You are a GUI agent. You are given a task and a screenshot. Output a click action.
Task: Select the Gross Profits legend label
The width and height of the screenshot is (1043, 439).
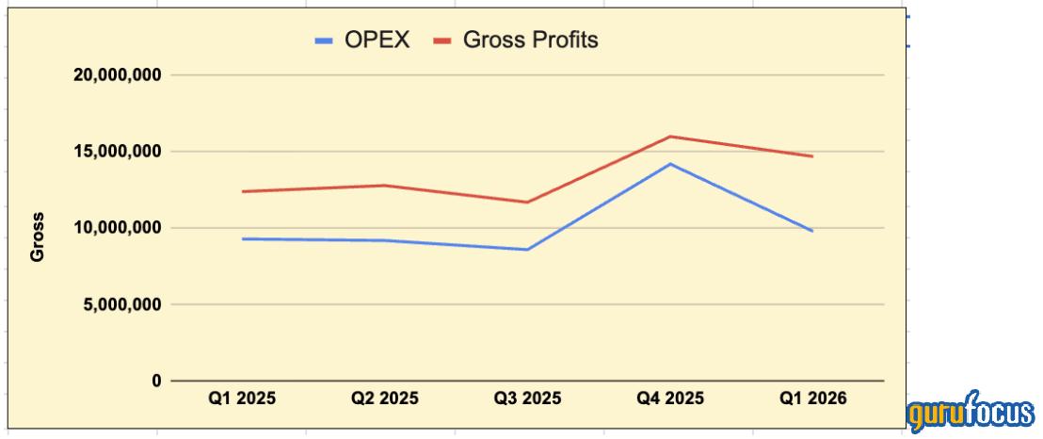coord(531,41)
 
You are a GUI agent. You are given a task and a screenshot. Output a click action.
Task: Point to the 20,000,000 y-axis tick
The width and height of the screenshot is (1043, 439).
coord(118,74)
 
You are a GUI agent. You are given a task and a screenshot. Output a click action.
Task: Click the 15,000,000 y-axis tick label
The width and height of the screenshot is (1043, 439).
coord(118,151)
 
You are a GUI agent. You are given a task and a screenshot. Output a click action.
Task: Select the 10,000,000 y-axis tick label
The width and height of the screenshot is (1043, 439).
coord(118,228)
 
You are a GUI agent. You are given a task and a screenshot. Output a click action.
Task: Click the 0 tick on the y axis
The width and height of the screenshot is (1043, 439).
coord(156,381)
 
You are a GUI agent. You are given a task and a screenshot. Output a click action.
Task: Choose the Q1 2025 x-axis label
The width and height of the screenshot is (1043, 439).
coord(242,398)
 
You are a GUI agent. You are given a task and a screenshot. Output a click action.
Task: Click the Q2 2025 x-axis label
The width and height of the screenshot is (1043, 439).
coord(385,398)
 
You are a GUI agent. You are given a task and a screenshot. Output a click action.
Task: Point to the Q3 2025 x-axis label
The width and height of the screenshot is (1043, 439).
coord(527,398)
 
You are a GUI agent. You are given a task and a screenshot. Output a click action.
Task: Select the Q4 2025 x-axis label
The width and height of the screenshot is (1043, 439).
coord(670,398)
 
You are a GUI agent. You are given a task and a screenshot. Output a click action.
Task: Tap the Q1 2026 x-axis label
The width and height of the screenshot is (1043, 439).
coord(813,398)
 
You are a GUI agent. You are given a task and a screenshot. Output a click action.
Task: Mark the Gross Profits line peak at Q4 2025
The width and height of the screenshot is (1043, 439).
coord(670,137)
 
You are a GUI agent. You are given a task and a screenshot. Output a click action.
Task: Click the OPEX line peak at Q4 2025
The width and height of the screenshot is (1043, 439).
coord(670,164)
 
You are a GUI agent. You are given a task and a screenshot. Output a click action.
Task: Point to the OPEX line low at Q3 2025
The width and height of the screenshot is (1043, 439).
coord(527,250)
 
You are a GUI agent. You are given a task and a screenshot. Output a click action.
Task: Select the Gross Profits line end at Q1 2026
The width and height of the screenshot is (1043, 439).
coord(812,156)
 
